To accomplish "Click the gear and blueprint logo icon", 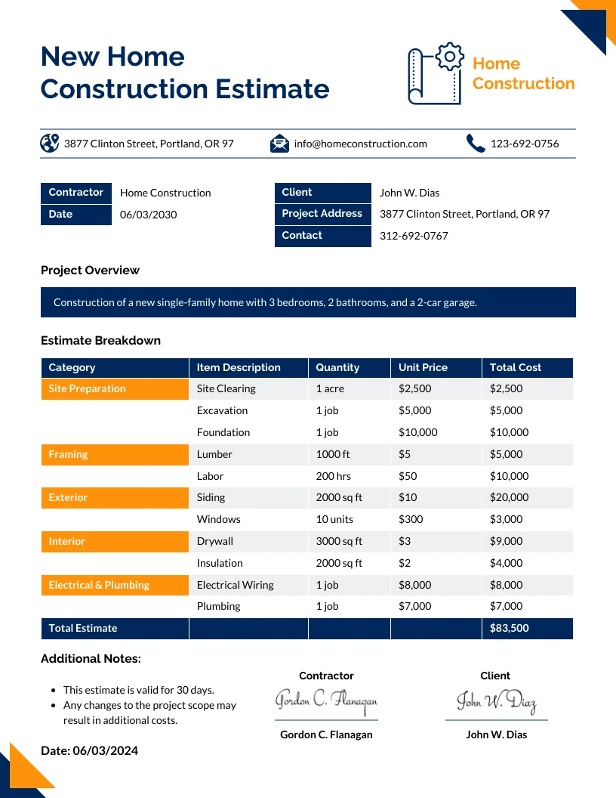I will coord(436,73).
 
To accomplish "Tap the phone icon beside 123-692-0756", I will coord(475,144).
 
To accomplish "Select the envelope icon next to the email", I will coord(279,144).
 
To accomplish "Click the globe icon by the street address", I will coord(50,143).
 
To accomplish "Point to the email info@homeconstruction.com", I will coord(360,144).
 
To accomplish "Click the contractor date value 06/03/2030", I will coord(148,215).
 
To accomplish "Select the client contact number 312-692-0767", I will coord(414,236).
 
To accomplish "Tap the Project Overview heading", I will coord(90,271).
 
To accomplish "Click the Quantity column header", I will coord(337,368).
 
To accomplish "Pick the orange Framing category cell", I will coord(114,455).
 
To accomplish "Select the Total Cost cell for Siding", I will coord(509,498).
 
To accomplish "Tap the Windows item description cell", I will coord(219,520).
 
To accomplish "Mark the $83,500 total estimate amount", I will coord(509,629).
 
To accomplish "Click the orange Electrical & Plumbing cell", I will coord(114,586).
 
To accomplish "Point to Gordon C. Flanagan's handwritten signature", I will coord(326,702).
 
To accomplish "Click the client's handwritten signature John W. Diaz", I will coord(496,702).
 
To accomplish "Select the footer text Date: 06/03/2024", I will coord(89,751).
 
